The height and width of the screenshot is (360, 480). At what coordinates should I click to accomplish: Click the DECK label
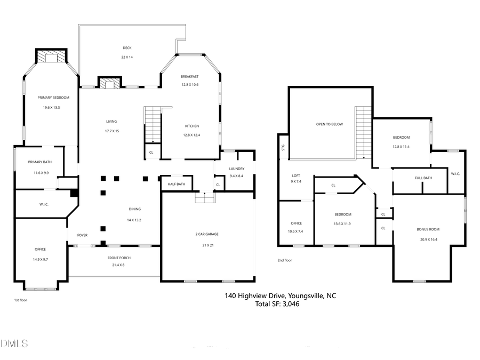coord(126,48)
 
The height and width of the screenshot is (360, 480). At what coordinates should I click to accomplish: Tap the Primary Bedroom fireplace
coord(51,57)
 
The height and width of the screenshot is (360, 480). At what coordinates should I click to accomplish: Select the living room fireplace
coord(110,83)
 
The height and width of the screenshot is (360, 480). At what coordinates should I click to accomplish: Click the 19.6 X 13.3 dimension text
coord(51,107)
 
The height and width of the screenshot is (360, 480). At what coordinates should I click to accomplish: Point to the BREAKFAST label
coord(189,77)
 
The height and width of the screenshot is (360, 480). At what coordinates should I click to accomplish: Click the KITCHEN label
coord(192,126)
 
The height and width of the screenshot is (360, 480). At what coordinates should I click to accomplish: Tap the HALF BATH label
coord(176,185)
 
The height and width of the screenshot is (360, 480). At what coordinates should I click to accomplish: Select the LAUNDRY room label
coord(237,169)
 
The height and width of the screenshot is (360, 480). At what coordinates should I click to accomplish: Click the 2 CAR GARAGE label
coord(207,234)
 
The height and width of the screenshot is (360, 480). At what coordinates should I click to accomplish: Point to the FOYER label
coord(82,235)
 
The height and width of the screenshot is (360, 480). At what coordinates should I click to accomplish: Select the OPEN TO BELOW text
coord(329,124)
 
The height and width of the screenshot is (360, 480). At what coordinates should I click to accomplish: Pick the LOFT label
coord(296,175)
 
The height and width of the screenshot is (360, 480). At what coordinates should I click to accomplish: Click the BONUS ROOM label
coord(428,229)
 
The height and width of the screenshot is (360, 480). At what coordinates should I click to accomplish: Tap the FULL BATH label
coord(423,178)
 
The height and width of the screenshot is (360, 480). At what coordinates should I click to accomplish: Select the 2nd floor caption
coord(285,260)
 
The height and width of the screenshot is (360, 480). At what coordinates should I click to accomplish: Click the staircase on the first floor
coord(153,125)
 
